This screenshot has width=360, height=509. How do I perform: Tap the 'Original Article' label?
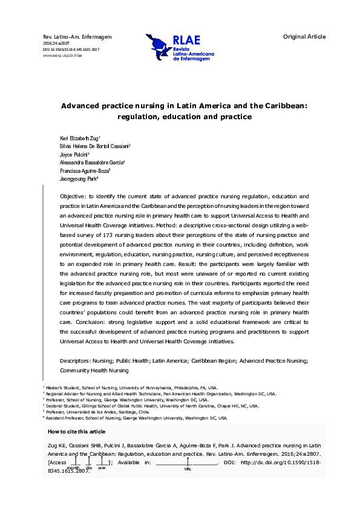[x=304, y=37]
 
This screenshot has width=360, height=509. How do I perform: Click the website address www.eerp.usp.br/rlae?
[x=62, y=55]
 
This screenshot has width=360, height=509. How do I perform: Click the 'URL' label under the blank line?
[x=188, y=468]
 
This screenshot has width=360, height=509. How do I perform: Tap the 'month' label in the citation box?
[x=73, y=468]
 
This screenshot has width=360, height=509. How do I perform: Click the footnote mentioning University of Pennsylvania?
[x=133, y=387]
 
